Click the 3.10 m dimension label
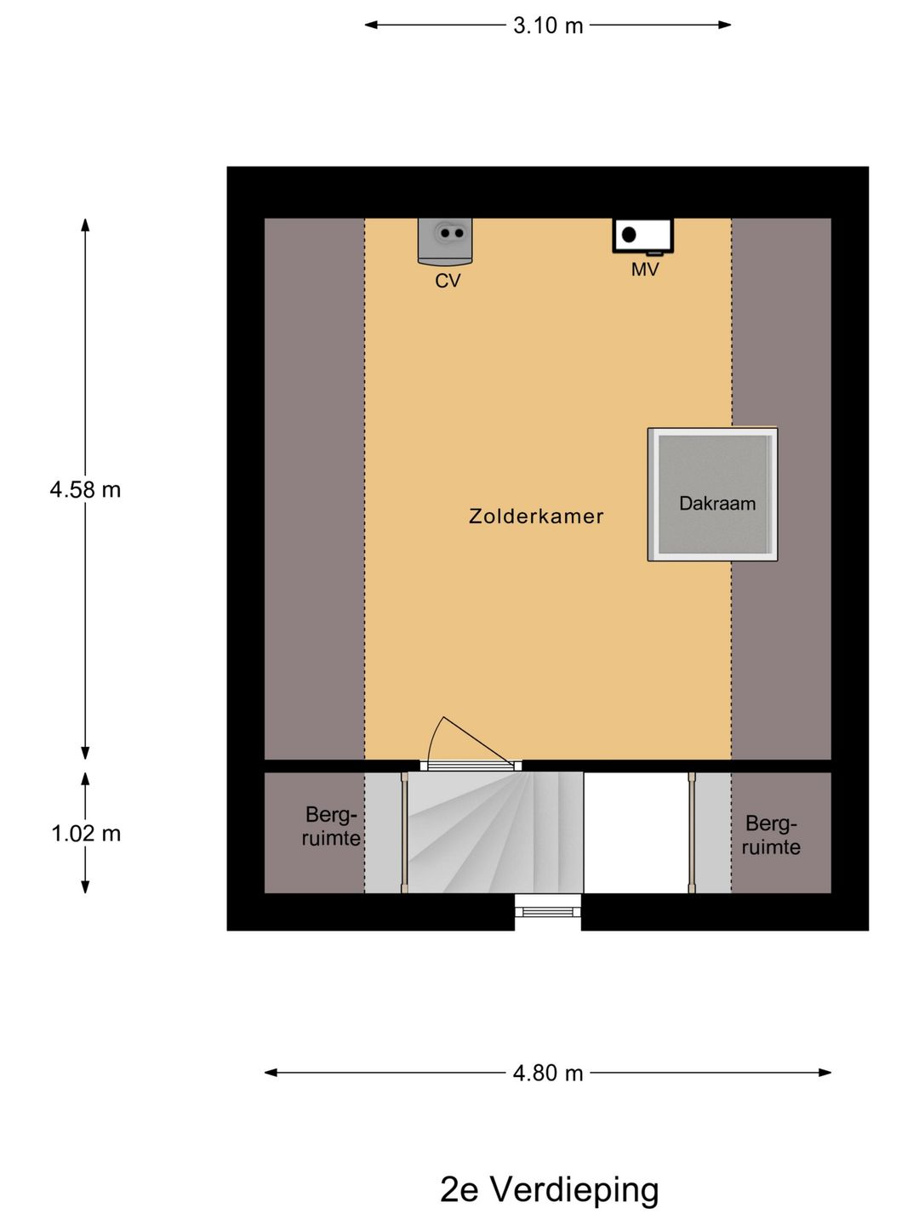[548, 26]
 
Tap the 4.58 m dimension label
[85, 489]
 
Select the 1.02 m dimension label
[86, 833]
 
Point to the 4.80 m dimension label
[548, 1073]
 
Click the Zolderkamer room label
[536, 516]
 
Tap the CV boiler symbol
[445, 241]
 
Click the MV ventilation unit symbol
[642, 236]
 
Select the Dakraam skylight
[712, 494]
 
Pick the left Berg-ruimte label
[331, 827]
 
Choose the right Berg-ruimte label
[771, 835]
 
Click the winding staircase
[495, 832]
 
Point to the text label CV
[448, 281]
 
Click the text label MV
[645, 270]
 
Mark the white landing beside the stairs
[636, 832]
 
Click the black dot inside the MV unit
[629, 235]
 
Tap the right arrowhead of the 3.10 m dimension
[725, 25]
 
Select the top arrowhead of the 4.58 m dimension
[85, 225]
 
